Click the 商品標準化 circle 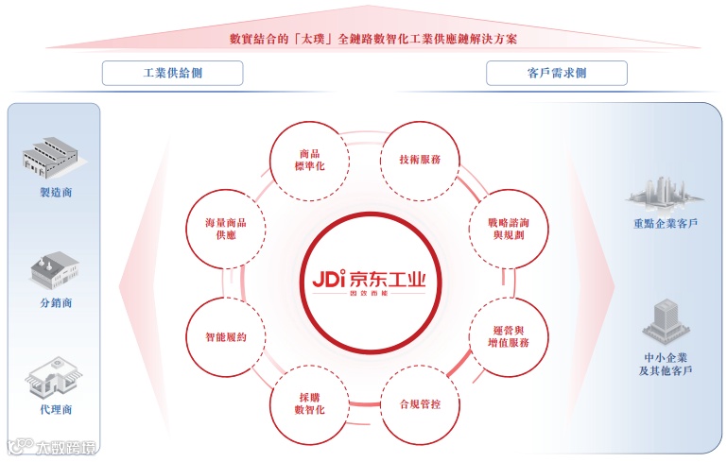pos(308,159)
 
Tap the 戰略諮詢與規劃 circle pos(497,227)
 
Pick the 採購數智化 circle pos(308,403)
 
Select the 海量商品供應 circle pos(226,227)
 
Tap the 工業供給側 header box pos(172,73)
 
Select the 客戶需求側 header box pos(556,73)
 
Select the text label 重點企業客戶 pos(666,224)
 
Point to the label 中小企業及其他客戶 pos(666,364)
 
